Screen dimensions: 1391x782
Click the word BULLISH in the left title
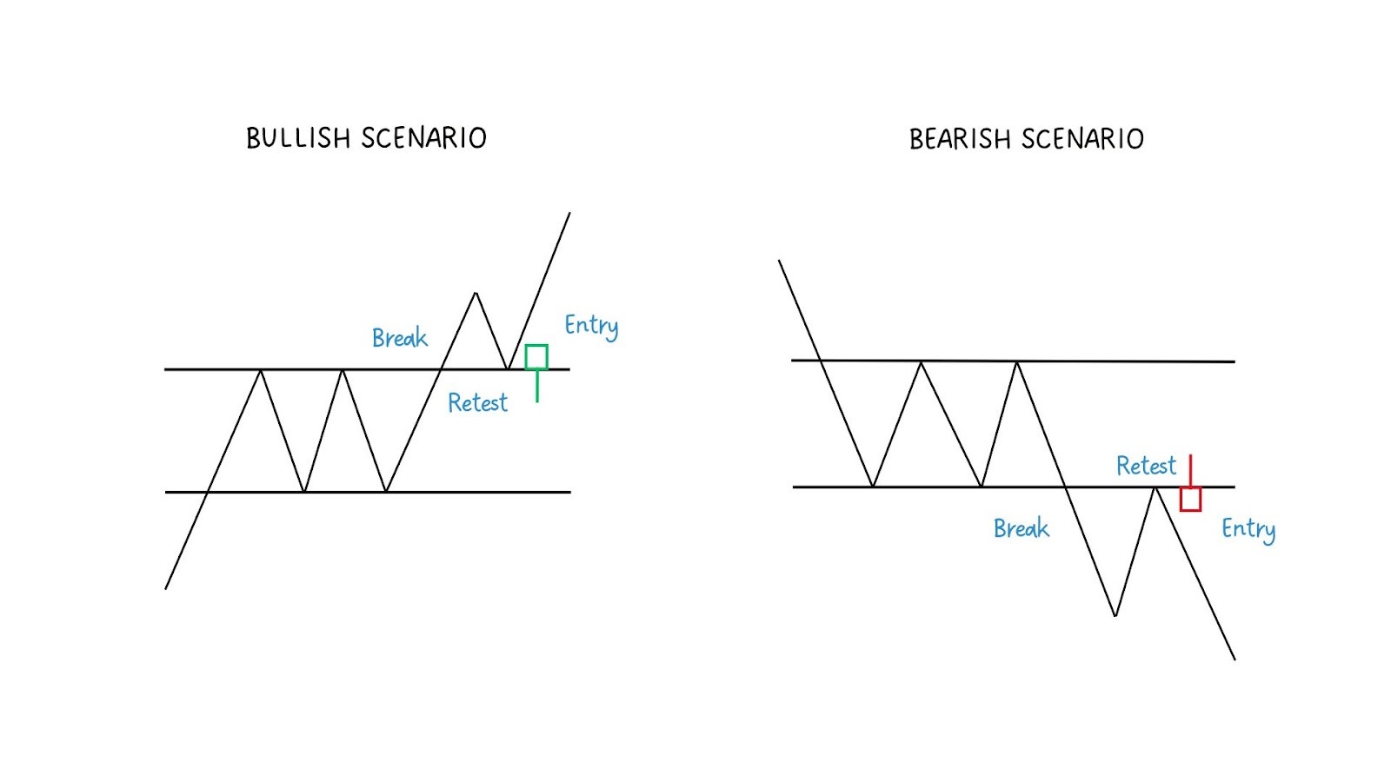pyautogui.click(x=297, y=138)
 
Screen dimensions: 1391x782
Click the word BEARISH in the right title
pyautogui.click(x=960, y=139)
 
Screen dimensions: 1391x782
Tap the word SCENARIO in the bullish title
pyautogui.click(x=423, y=138)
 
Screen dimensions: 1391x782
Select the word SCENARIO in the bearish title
pyautogui.click(x=1082, y=139)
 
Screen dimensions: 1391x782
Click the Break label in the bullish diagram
pyautogui.click(x=399, y=337)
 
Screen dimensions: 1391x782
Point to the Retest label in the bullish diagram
pyautogui.click(x=477, y=402)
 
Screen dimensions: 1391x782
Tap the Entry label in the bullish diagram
pyautogui.click(x=591, y=326)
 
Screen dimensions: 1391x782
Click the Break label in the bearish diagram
pyautogui.click(x=1021, y=528)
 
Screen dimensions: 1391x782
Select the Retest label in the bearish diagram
pyautogui.click(x=1146, y=466)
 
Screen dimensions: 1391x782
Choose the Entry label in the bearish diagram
pyautogui.click(x=1248, y=529)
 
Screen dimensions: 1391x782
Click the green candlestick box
pyautogui.click(x=536, y=357)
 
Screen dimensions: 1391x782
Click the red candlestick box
pyautogui.click(x=1190, y=499)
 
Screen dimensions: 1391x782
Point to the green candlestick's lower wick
pyautogui.click(x=537, y=386)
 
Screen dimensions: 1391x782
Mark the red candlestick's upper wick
pyautogui.click(x=1190, y=470)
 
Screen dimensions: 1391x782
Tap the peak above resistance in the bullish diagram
pyautogui.click(x=476, y=294)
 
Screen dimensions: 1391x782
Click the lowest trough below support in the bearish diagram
pyautogui.click(x=1115, y=615)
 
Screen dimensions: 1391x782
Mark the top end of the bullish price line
pyautogui.click(x=569, y=213)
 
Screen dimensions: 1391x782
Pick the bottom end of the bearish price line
pyautogui.click(x=1234, y=659)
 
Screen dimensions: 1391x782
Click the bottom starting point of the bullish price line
pyautogui.click(x=166, y=588)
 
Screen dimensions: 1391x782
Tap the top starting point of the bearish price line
pyautogui.click(x=779, y=261)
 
